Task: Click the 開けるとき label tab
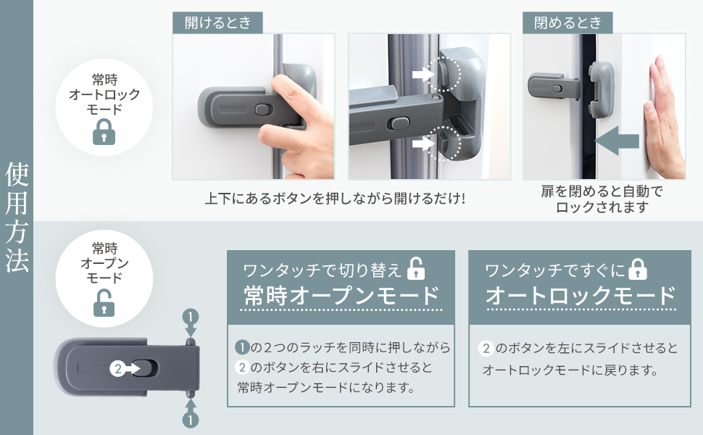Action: tap(217, 22)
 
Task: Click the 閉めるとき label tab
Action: tap(567, 22)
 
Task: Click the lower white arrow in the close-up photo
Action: tap(422, 144)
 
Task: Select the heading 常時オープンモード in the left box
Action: tap(341, 296)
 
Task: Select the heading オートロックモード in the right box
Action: tap(580, 296)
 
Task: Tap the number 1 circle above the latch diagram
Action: tap(190, 318)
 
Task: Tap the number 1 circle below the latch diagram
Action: tap(190, 419)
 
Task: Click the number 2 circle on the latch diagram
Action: tap(118, 368)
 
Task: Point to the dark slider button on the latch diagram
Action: tap(145, 368)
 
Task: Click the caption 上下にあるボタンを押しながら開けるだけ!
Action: tap(335, 198)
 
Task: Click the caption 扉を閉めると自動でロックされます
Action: tap(602, 199)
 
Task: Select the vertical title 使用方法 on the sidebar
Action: tap(17, 217)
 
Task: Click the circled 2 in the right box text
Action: tap(486, 349)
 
